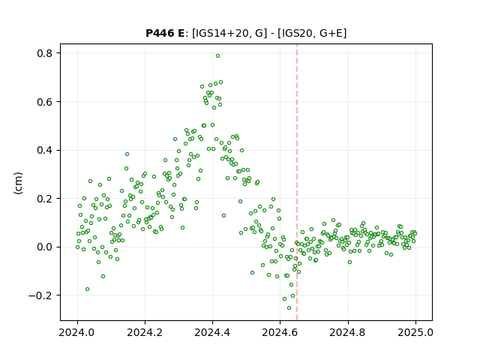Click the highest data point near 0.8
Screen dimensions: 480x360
[217, 56]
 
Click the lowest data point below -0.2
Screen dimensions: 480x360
[289, 307]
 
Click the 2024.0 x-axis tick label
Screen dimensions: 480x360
[77, 332]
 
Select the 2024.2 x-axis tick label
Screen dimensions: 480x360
[145, 332]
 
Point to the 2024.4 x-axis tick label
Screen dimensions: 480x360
[212, 332]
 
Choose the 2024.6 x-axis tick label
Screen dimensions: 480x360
[280, 332]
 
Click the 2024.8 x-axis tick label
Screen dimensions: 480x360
[348, 332]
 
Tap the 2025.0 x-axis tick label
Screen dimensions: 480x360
[415, 332]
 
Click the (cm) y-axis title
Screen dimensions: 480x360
[18, 183]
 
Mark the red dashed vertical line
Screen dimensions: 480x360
[297, 182]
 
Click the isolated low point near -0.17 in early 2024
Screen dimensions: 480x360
[87, 289]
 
